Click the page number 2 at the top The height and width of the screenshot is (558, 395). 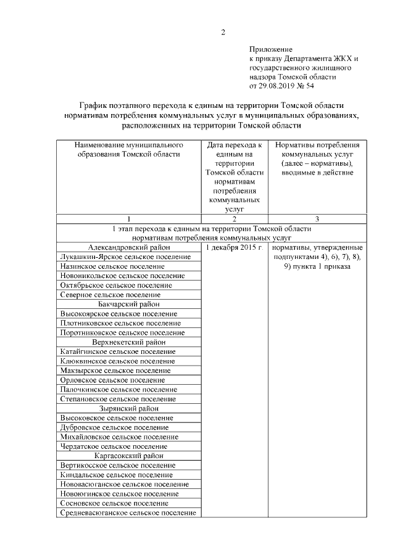(x=223, y=33)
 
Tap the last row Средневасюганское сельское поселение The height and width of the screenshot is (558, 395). (x=128, y=513)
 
